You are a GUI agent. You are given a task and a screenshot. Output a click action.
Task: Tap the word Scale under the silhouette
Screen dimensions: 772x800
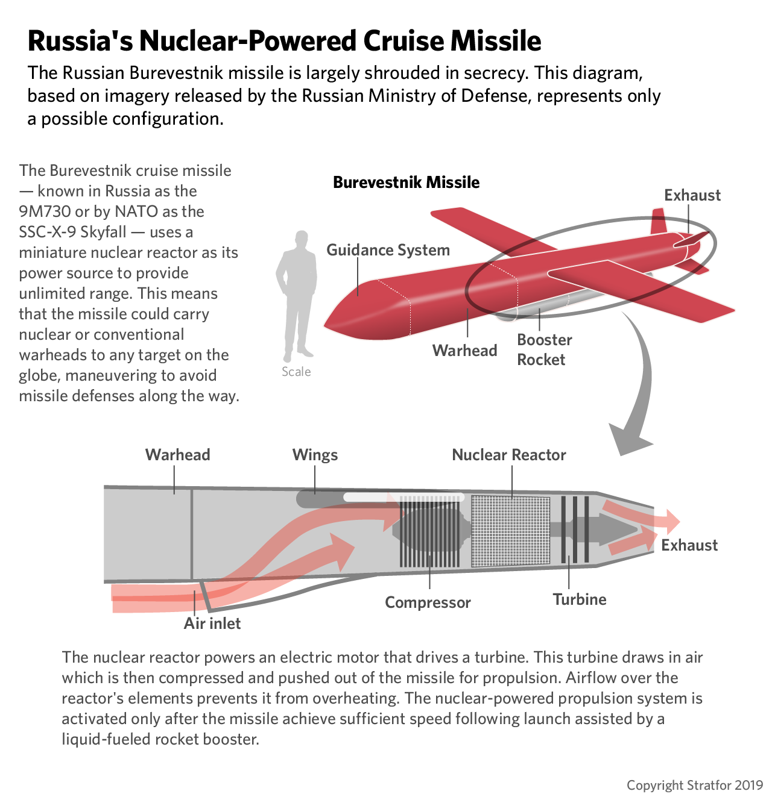coord(296,372)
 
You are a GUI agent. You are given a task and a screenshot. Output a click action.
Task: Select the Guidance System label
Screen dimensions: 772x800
coord(388,250)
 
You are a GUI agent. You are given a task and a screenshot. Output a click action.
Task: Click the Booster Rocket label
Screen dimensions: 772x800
coord(544,349)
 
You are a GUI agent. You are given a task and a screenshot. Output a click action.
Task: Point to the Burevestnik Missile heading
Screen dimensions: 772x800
coord(406,182)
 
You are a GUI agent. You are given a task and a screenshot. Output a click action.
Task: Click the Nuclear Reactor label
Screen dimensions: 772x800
coord(509,455)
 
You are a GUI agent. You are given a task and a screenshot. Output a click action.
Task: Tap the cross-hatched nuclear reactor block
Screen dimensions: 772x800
coord(510,531)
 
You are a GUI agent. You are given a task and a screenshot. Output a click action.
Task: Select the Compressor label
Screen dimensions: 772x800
coord(428,602)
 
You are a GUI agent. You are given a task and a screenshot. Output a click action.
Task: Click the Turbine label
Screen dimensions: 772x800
coord(580,599)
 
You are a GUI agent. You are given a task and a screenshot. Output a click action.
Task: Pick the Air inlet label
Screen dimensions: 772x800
coord(212,623)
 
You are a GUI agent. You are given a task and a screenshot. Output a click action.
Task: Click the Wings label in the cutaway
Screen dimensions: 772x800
coord(315,455)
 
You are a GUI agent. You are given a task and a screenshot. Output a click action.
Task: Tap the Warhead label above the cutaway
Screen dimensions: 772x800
coord(177,455)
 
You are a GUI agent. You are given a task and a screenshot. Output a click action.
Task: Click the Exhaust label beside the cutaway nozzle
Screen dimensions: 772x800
coord(689,545)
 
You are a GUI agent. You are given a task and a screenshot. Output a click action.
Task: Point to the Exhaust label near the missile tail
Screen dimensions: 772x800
coord(692,195)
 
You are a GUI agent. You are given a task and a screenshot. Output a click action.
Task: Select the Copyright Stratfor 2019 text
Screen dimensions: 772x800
coord(695,785)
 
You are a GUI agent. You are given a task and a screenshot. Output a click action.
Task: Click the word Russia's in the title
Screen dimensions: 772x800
coord(80,41)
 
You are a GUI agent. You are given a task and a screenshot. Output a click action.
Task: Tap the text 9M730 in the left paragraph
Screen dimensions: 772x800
coord(44,211)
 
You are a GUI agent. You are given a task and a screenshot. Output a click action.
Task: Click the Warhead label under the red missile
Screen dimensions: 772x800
coord(464,350)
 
